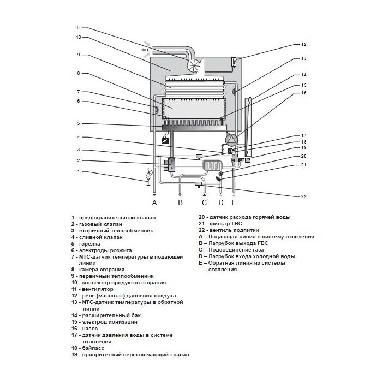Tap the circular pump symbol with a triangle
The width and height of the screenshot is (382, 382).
tap(232, 140)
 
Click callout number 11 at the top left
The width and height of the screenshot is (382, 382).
tap(79, 27)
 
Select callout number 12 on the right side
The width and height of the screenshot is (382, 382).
tap(304, 44)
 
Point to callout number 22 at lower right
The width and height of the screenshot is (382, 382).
tap(304, 195)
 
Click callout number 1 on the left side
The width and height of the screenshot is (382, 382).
tap(79, 171)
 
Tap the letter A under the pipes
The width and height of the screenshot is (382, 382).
tap(154, 204)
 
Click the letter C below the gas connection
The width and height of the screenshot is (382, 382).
tap(205, 204)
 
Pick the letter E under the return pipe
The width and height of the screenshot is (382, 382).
tap(234, 204)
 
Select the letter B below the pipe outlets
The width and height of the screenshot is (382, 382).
tap(180, 204)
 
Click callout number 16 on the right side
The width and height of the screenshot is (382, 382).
tap(304, 93)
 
